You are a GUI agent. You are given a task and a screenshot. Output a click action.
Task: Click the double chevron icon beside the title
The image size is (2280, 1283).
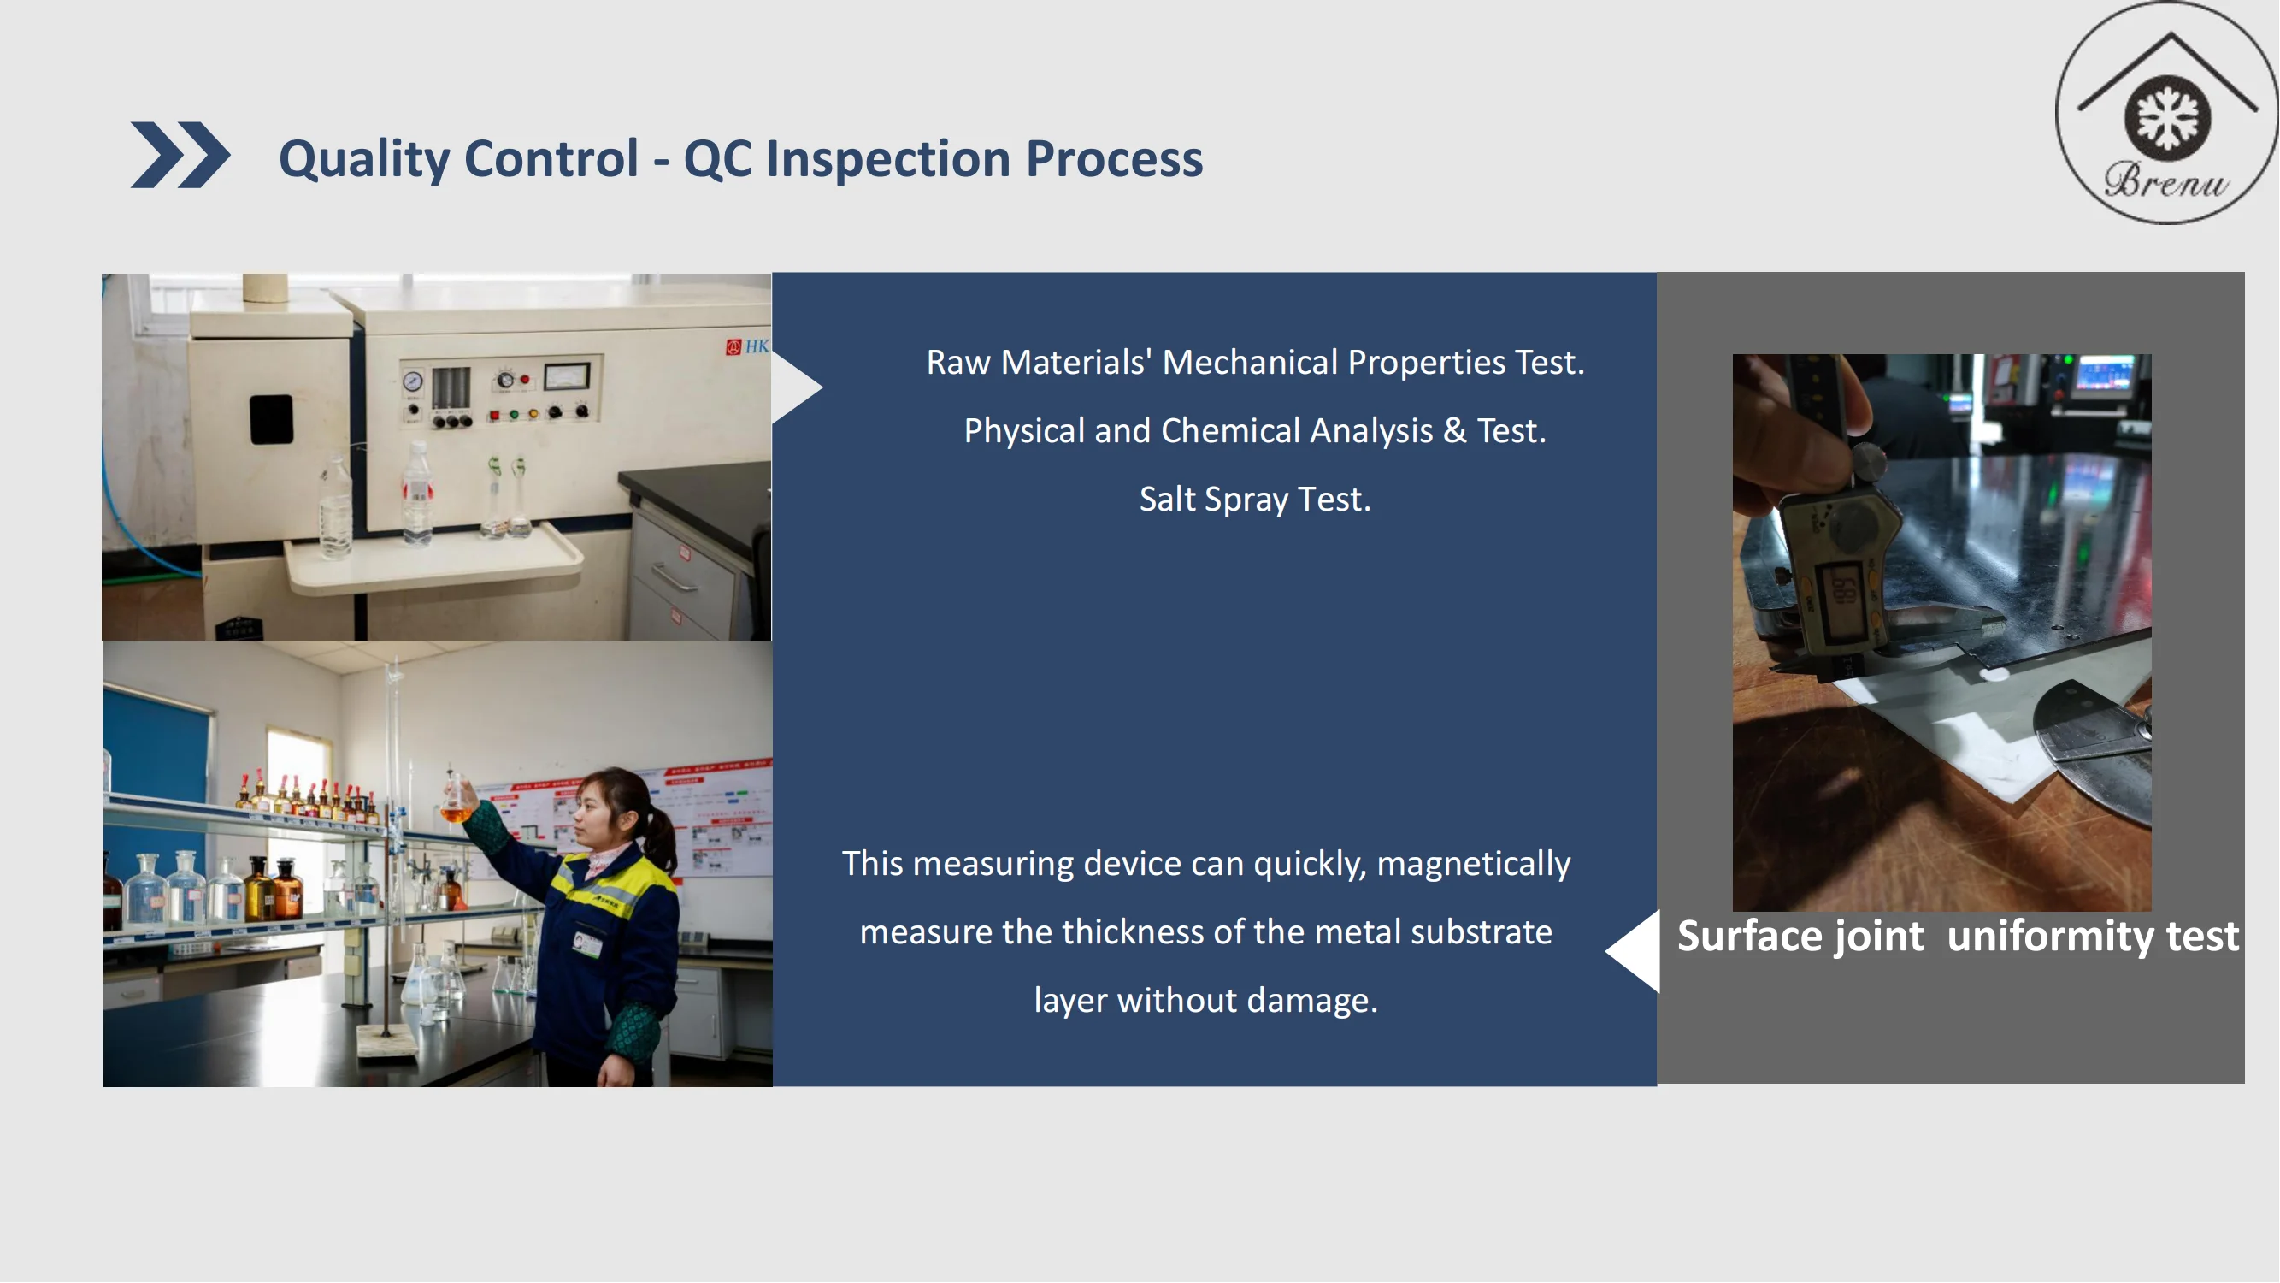(180, 155)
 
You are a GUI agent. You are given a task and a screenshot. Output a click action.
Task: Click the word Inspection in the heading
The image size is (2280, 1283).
(887, 159)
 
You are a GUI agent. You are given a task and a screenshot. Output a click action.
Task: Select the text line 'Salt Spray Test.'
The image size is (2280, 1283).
(1255, 499)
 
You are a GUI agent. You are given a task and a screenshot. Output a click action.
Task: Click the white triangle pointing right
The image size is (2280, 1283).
(795, 387)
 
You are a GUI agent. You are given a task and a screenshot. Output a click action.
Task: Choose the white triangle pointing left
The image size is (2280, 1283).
(1634, 950)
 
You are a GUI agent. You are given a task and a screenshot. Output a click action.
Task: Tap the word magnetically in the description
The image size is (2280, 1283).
(1474, 863)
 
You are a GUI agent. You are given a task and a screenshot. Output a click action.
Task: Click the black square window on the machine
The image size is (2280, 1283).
(271, 419)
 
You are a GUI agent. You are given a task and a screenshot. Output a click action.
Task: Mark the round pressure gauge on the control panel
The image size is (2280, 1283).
(412, 381)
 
